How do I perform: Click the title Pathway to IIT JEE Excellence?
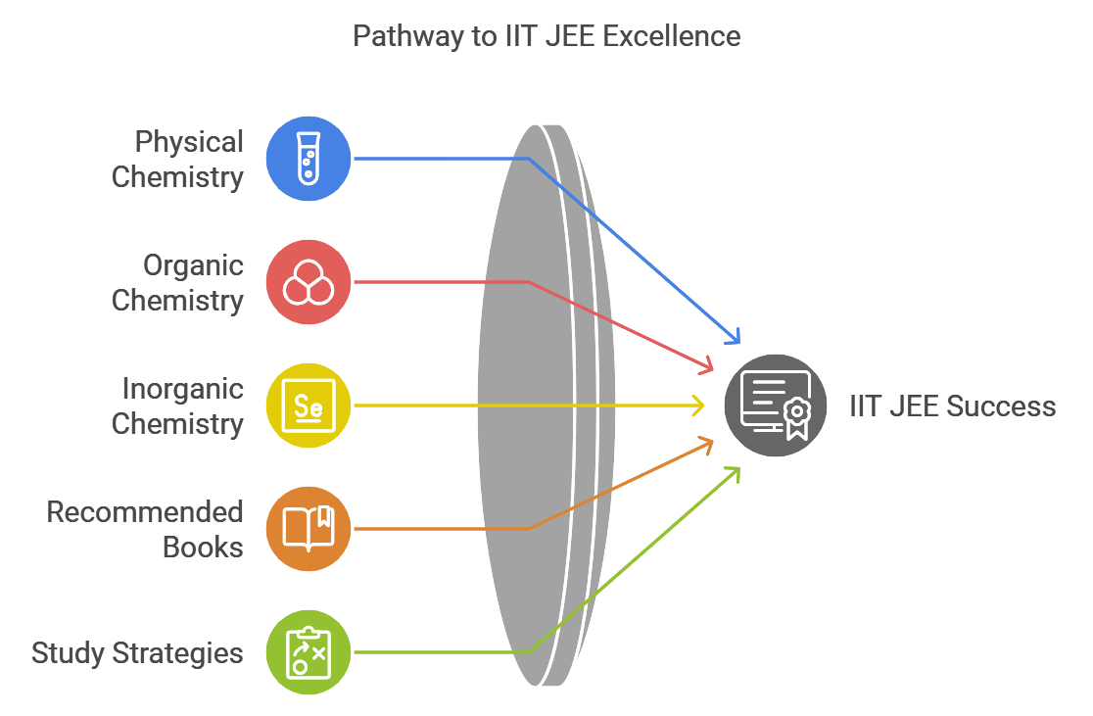546,37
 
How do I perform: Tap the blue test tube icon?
309,159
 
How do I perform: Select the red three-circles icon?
309,282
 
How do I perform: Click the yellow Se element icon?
309,406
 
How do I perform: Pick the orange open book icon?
309,529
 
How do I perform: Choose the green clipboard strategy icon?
309,652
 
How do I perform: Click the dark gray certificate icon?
775,406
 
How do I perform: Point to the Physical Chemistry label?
177,160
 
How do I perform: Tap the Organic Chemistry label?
177,283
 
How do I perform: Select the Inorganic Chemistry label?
177,406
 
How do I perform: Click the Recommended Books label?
145,530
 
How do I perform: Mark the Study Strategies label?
137,653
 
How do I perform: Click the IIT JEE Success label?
952,406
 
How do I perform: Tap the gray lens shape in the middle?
534,406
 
